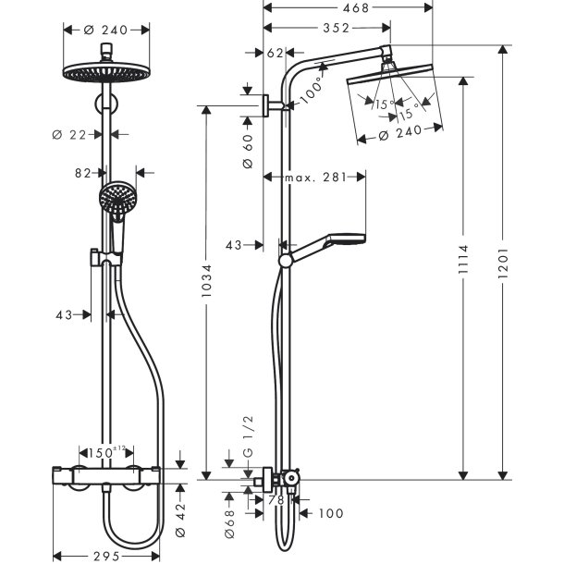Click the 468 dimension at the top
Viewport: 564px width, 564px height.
pyautogui.click(x=348, y=8)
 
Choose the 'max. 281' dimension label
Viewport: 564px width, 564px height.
pyautogui.click(x=313, y=177)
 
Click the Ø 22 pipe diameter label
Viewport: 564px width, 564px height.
pyautogui.click(x=70, y=135)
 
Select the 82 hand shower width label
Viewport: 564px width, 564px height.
pyautogui.click(x=82, y=172)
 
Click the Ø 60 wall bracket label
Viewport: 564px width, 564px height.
pyautogui.click(x=247, y=150)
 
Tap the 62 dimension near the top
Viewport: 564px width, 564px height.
pyautogui.click(x=275, y=54)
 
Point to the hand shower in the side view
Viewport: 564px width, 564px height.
pyautogui.click(x=333, y=242)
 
